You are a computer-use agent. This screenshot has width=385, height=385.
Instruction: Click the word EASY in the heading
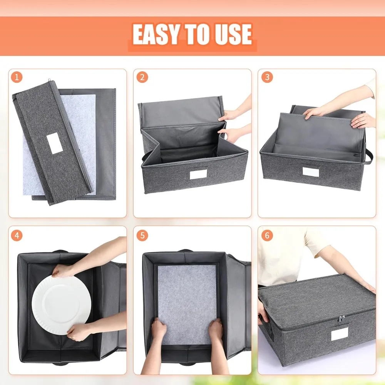point(156,35)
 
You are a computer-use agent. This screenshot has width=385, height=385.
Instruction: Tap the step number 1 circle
point(17,77)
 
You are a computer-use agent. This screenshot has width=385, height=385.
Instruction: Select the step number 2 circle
point(142,77)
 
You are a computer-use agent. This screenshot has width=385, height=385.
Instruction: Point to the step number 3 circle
point(267,77)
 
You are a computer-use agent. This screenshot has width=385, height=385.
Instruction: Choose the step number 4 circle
point(17,235)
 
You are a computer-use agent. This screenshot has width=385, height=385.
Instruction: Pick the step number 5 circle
point(142,235)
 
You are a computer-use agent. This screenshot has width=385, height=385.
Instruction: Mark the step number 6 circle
point(267,235)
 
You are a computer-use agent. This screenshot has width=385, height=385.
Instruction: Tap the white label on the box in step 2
point(198,175)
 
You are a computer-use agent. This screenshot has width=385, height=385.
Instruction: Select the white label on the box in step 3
point(311,172)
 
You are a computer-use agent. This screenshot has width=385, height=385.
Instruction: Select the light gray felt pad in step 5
point(187,296)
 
